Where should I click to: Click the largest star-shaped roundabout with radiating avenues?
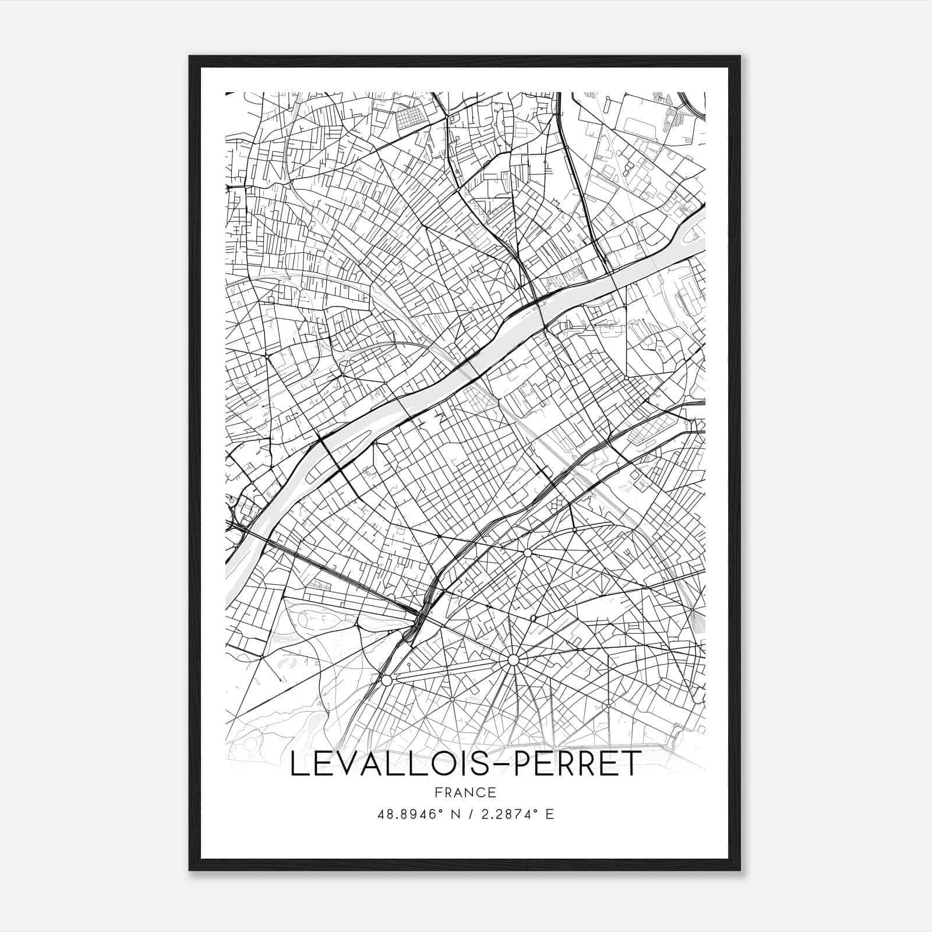pyautogui.click(x=513, y=660)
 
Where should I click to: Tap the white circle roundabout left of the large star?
pyautogui.click(x=386, y=680)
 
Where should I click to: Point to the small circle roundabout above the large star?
pyautogui.click(x=527, y=552)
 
